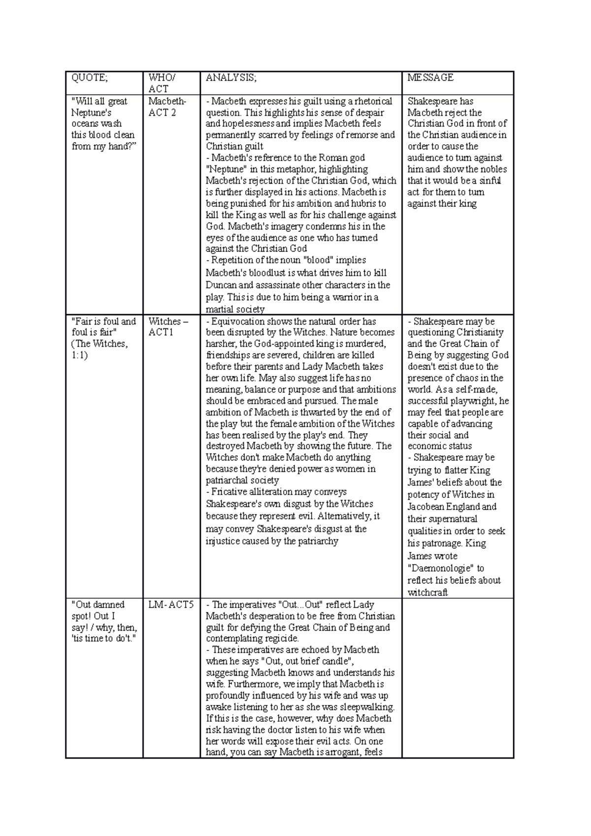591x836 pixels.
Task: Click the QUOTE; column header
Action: coord(89,78)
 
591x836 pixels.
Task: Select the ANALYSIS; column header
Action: coord(231,78)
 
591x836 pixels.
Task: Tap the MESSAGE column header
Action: coord(430,78)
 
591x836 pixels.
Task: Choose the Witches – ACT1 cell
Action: coord(168,327)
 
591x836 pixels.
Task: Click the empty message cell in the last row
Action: coord(458,677)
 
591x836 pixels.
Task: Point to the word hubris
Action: coord(364,204)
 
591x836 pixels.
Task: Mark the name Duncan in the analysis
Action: coord(222,285)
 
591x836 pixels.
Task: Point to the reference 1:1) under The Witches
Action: coord(79,355)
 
